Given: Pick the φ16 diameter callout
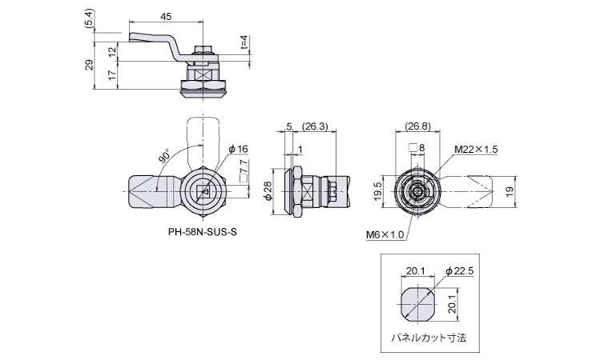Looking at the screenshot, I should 238,149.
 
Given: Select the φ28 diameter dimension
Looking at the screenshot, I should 268,190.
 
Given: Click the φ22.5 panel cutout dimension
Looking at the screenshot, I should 460,271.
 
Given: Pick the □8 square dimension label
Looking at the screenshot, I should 416,147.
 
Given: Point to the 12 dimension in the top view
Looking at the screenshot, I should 112,51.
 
